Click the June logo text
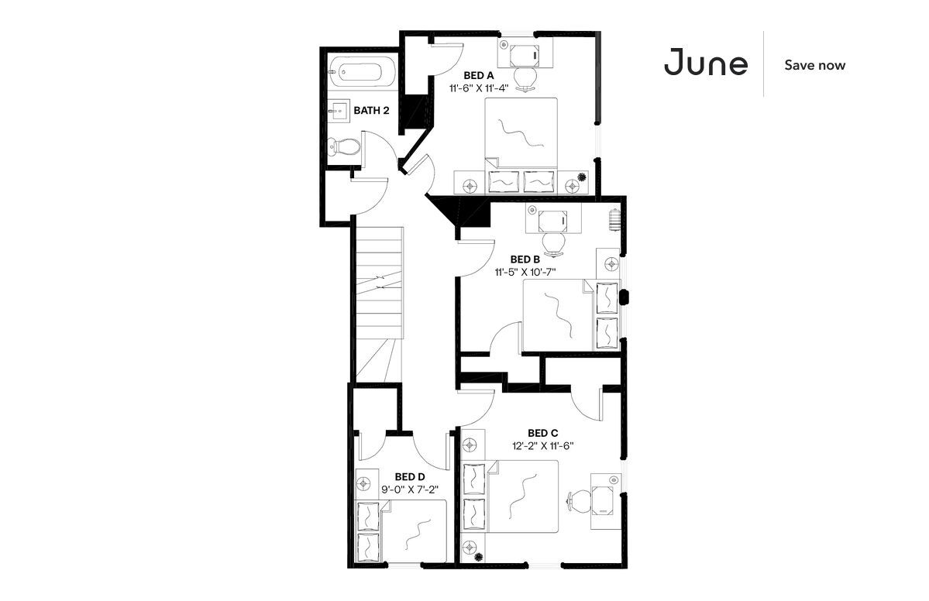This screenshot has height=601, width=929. (706, 62)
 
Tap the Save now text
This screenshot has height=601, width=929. (814, 65)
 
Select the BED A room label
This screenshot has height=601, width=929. (479, 75)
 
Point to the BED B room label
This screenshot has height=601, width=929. (525, 259)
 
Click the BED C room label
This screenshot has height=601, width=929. (542, 434)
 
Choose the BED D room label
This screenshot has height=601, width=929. (410, 476)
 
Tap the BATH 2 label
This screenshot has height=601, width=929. (371, 110)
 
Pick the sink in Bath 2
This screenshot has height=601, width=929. (339, 110)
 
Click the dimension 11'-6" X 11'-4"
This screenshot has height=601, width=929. (479, 88)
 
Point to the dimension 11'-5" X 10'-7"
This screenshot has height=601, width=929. (525, 272)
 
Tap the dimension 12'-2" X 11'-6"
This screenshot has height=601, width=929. (542, 446)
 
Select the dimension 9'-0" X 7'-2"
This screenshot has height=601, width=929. (410, 489)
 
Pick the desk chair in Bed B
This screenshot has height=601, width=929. (554, 244)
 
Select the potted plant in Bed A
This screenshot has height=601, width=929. (581, 177)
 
